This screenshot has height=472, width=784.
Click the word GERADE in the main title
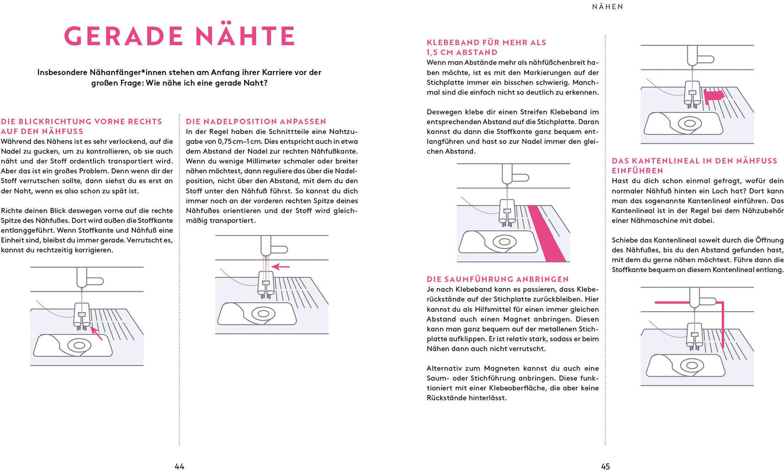124,36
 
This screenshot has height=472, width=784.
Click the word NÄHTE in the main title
245,36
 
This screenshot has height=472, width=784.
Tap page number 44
180,467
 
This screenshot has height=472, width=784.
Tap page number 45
605,467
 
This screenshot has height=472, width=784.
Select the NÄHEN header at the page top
608,7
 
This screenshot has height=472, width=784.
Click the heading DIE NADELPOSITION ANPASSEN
256,122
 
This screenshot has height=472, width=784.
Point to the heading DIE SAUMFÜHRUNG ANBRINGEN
498,279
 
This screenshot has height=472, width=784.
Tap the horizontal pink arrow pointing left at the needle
281,266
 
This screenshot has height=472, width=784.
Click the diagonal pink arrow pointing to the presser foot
97,333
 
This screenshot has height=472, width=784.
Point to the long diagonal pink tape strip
547,234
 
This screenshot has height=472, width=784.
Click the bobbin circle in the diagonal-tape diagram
504,242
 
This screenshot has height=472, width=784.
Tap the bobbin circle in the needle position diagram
263,314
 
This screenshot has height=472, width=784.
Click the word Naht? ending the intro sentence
256,83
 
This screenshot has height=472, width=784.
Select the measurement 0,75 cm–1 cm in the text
234,142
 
